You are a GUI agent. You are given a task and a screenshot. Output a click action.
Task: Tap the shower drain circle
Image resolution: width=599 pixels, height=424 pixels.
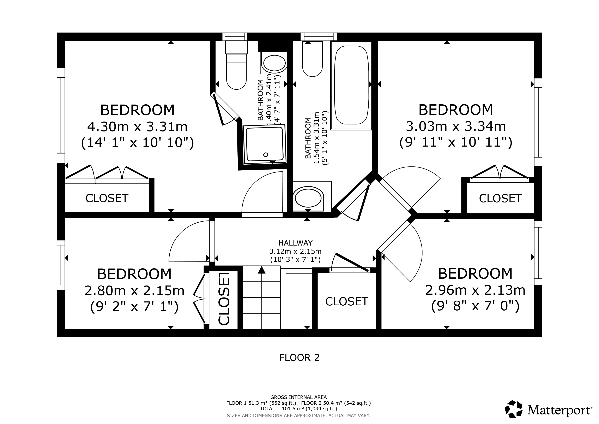[266, 155]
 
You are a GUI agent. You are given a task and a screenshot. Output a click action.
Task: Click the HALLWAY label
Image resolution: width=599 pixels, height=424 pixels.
[295, 243]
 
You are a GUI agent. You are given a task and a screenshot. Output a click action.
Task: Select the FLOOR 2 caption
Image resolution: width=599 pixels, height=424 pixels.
[299, 357]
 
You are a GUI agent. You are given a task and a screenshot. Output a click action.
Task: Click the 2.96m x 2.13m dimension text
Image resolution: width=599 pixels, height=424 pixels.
[475, 290]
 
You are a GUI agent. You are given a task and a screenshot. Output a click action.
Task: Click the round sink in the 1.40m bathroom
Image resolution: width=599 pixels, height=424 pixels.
[274, 63]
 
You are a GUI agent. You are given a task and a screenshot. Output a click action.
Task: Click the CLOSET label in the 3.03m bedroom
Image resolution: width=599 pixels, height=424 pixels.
[500, 198]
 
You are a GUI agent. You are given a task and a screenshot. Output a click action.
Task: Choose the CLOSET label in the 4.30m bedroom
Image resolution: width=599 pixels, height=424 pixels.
[107, 198]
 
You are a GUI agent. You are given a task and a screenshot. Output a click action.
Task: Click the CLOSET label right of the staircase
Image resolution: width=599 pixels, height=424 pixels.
[346, 302]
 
